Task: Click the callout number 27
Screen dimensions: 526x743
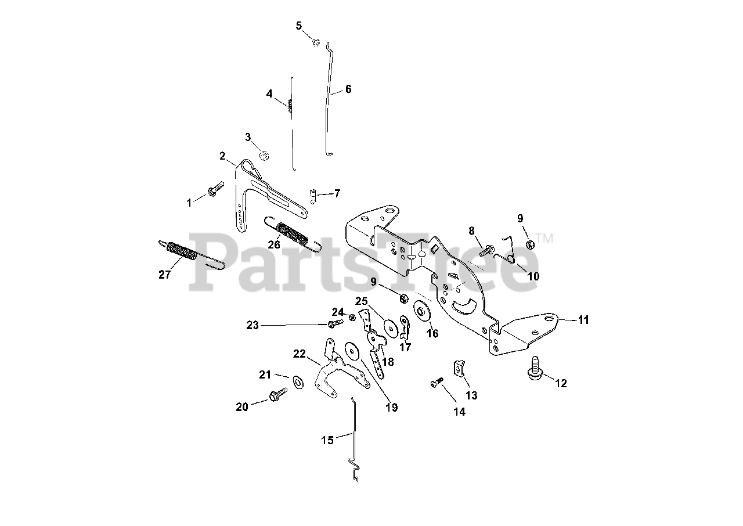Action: click(x=165, y=275)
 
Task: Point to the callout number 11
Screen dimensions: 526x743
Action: click(x=583, y=320)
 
